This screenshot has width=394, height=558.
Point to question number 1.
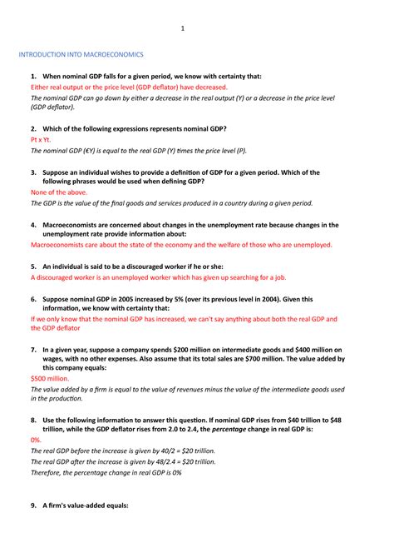tap(32, 76)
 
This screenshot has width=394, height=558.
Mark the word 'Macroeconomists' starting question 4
tap(77, 225)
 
